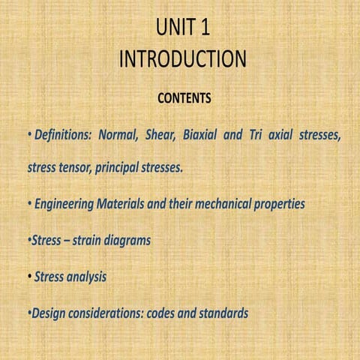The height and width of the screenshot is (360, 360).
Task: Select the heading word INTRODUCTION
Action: [182, 59]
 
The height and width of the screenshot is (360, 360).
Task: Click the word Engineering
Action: [64, 204]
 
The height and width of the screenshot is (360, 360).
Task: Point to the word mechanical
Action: [231, 204]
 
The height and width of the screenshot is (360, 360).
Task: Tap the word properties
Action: [280, 204]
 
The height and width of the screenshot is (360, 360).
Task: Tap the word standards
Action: [223, 313]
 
